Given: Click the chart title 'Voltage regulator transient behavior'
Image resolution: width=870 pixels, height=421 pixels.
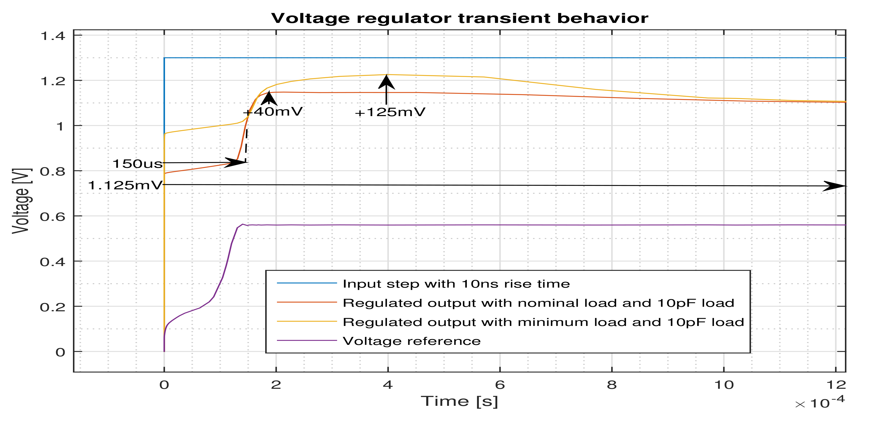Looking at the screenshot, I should coord(459,18).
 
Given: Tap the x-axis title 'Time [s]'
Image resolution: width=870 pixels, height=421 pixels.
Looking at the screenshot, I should coord(459,401).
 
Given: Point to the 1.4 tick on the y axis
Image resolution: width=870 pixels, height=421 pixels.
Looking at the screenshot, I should coord(53,36).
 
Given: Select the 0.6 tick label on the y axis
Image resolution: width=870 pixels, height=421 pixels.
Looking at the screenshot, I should coord(53,217).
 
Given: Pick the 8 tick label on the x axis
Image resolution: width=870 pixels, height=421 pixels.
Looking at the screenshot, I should coord(612,385).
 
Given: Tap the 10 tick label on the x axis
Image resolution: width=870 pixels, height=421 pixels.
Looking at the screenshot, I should coord(724,385).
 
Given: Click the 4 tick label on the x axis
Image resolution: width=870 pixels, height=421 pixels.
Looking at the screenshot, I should coord(388,385).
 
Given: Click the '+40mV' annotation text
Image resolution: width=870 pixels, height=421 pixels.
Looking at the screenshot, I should coord(273,111).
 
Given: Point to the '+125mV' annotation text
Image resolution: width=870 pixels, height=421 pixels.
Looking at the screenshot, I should coord(390,112).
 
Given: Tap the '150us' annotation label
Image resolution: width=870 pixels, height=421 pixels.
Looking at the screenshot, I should coord(137,164).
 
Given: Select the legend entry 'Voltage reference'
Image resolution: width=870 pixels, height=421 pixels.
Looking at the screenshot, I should coord(411,341).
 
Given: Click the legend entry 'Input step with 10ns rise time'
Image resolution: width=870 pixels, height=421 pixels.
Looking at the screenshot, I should coord(456,284).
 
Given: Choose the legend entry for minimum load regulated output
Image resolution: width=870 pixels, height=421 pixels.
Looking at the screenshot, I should coord(543,322).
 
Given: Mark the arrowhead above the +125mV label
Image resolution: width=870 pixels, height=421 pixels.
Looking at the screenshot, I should coord(386,82).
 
